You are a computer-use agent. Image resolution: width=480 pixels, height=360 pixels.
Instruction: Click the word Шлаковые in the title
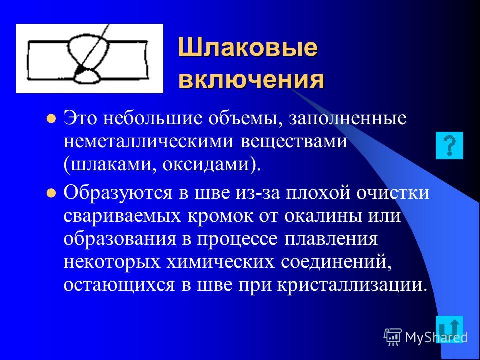(247, 48)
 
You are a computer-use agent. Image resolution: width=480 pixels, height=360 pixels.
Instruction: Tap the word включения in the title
(251, 80)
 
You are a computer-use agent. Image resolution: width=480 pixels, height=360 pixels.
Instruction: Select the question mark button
(449, 145)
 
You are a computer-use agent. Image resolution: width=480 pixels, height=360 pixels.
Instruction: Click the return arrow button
(449, 329)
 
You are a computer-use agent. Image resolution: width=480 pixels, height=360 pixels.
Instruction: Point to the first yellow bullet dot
(51, 119)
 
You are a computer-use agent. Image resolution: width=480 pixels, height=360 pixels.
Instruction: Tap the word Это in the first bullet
(80, 119)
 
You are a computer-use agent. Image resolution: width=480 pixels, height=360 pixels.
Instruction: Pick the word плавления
(331, 239)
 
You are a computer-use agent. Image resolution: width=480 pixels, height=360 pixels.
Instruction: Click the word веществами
(294, 142)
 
